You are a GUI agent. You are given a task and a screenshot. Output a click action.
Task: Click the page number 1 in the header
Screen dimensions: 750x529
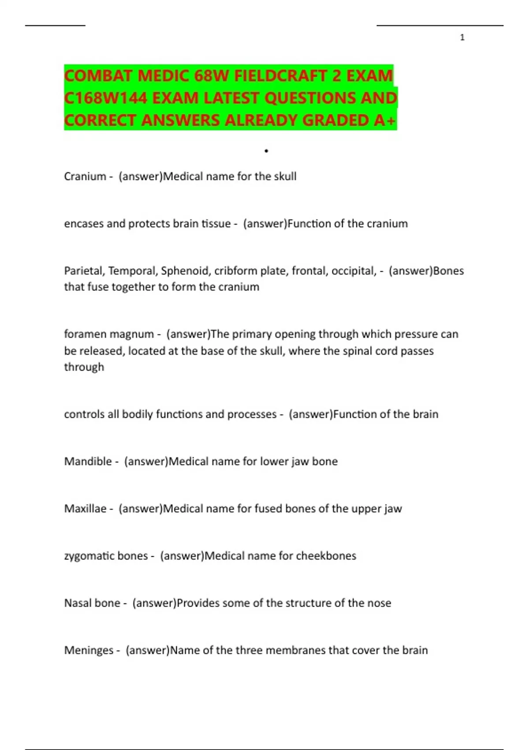[x=462, y=37]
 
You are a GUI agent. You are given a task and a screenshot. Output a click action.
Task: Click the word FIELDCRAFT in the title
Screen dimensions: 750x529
[x=281, y=76]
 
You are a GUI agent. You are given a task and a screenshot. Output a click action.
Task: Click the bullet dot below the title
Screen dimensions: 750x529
[x=266, y=151]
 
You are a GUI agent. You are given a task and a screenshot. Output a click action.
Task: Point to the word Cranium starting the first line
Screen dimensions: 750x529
[x=85, y=176]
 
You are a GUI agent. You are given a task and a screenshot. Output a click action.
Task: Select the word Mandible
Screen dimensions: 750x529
[x=88, y=461]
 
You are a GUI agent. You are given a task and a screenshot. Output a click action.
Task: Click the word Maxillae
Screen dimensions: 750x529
[x=86, y=509]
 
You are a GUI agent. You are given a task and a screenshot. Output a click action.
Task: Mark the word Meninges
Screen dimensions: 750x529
[x=89, y=650]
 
